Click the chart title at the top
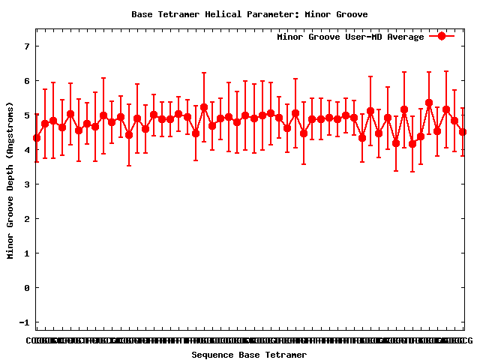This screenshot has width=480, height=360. tap(249, 14)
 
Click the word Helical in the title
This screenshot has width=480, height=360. tap(225, 14)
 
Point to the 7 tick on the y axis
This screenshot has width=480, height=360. tap(26, 46)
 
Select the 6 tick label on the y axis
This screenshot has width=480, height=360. tap(26, 81)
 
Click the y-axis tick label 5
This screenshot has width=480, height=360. tap(26, 115)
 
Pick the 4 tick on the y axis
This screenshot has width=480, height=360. tap(26, 150)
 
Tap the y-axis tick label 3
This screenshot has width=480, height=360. tap(26, 184)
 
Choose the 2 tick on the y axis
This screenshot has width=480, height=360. tap(26, 219)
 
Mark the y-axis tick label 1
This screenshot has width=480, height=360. tap(26, 253)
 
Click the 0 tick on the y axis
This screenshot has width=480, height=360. tap(26, 288)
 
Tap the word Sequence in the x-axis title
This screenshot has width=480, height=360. tap(212, 355)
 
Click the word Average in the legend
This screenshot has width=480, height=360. tap(405, 37)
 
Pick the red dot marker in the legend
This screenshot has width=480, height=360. tap(442, 36)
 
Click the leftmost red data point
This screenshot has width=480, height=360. tap(37, 138)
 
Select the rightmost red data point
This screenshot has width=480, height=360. tap(463, 132)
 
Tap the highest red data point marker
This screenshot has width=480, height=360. tap(429, 103)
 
